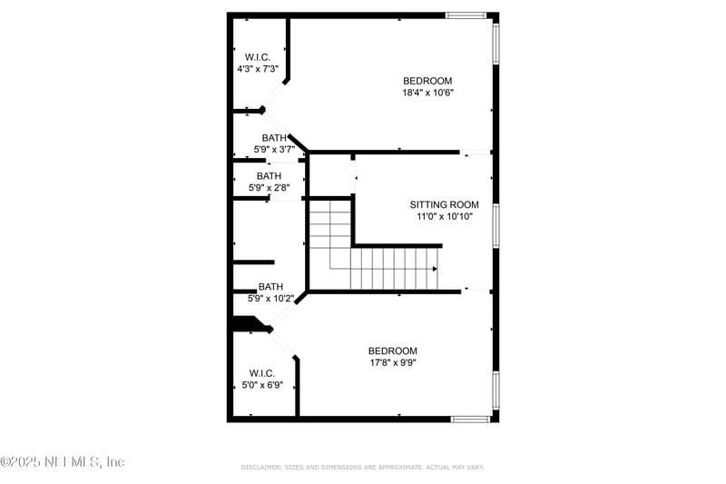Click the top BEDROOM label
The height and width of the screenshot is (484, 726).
click(x=427, y=81)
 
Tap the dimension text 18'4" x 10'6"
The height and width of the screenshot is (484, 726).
click(x=427, y=93)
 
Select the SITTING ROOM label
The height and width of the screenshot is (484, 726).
click(x=444, y=204)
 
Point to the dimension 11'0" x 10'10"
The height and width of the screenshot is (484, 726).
click(x=444, y=216)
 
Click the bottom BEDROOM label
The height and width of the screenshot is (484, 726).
click(x=392, y=351)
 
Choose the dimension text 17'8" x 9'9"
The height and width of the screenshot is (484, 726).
click(x=392, y=362)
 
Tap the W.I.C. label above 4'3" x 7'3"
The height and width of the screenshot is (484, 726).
click(x=258, y=56)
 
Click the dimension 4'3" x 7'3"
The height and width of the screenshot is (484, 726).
click(x=258, y=69)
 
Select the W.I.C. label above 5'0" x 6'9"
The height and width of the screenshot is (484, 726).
click(x=262, y=373)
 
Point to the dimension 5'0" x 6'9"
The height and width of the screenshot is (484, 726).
click(x=262, y=385)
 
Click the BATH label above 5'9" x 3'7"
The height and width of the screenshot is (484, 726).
click(x=274, y=138)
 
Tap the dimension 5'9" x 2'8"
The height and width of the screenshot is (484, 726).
click(x=269, y=188)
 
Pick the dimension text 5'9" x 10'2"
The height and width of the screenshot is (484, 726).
click(x=270, y=298)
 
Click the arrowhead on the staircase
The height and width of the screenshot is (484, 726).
click(x=435, y=269)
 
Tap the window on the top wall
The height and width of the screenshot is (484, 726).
click(x=466, y=15)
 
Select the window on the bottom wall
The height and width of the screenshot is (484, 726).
click(x=470, y=419)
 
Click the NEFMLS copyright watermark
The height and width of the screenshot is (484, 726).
click(x=63, y=462)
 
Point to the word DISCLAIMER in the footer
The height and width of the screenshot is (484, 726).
click(x=260, y=467)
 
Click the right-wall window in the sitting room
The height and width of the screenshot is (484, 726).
click(x=495, y=225)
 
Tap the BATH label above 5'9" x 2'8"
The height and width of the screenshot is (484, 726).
click(x=269, y=176)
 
